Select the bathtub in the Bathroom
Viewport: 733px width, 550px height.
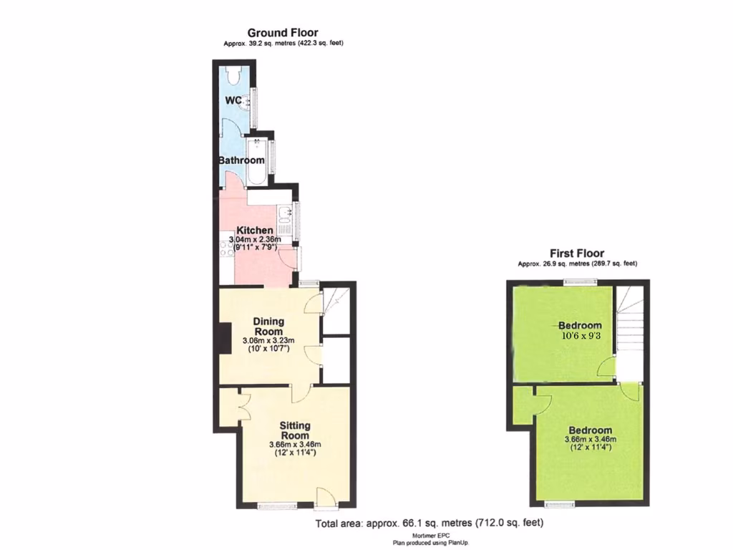pyautogui.click(x=256, y=160)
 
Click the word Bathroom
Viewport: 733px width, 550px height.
pyautogui.click(x=241, y=160)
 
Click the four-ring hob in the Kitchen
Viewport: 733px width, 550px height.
pyautogui.click(x=227, y=248)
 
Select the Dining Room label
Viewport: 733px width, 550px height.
pyautogui.click(x=268, y=326)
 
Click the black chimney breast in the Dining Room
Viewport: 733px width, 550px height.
pyautogui.click(x=224, y=338)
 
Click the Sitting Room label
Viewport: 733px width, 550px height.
pyautogui.click(x=295, y=430)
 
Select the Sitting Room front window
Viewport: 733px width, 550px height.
pyautogui.click(x=278, y=506)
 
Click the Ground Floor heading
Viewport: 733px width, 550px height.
pyautogui.click(x=283, y=32)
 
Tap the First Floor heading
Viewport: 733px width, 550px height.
pyautogui.click(x=577, y=253)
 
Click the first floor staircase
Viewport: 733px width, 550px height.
pyautogui.click(x=630, y=322)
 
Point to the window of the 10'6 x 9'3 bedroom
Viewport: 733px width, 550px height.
pyautogui.click(x=579, y=282)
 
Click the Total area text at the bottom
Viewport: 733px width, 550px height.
pyautogui.click(x=435, y=524)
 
